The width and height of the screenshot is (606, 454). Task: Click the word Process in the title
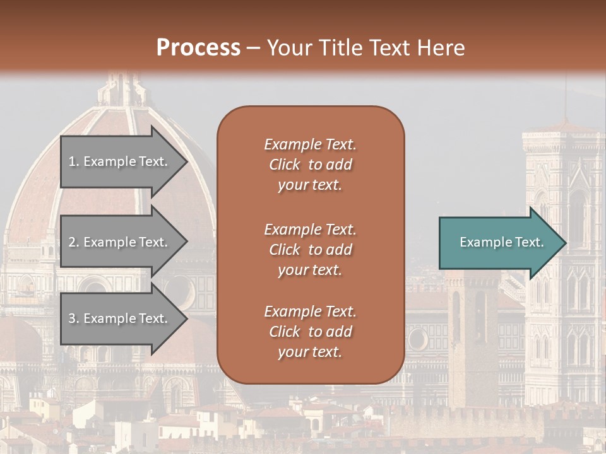tap(198, 47)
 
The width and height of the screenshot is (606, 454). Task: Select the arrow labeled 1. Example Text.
tap(120, 161)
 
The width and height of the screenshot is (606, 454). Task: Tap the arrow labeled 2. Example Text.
tap(120, 242)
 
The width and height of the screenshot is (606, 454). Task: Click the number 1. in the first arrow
tap(73, 161)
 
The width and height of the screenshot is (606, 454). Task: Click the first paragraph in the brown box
tap(310, 165)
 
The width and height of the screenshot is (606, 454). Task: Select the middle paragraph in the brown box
tap(310, 250)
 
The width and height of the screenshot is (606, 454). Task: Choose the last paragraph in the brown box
tap(310, 332)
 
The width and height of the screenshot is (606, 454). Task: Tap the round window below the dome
tap(179, 291)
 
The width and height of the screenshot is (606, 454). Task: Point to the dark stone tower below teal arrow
tap(470, 328)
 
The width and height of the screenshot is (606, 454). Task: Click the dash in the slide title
tap(253, 48)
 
